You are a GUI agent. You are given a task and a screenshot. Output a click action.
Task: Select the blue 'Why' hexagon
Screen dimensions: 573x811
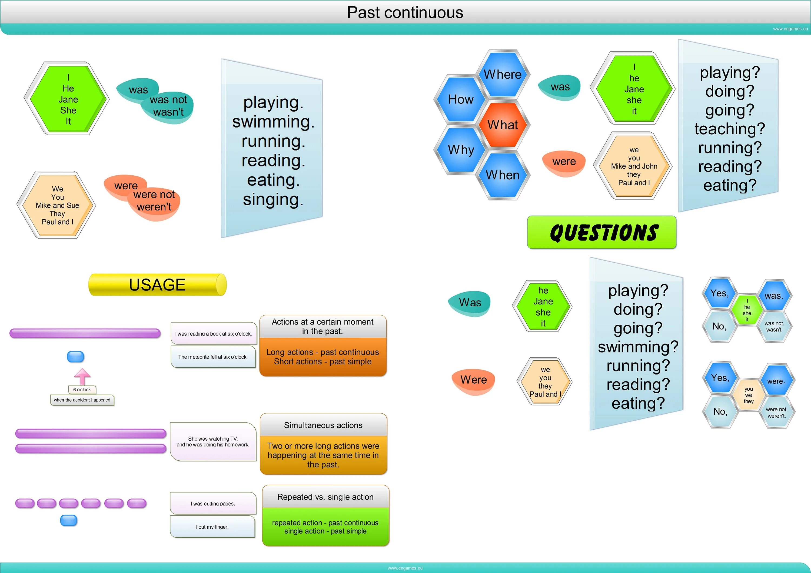point(461,150)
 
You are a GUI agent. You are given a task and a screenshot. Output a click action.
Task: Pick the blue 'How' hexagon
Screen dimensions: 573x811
point(461,99)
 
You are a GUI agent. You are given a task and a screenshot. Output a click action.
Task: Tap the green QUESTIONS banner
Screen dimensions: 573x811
point(601,232)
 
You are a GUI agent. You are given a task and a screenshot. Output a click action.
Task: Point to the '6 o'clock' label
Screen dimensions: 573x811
point(82,389)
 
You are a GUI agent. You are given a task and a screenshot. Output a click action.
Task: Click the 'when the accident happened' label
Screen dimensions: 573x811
point(82,400)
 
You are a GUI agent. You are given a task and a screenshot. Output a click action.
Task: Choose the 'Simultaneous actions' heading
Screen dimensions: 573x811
point(323,425)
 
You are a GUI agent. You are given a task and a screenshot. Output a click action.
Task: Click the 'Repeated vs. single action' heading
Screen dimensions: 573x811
point(325,497)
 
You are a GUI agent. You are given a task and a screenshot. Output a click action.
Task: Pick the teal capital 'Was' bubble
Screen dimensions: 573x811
point(470,303)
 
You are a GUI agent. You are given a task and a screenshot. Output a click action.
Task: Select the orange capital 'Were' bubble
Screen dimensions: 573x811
point(473,380)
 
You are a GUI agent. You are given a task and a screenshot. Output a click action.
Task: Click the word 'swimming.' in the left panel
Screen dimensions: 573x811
point(273,122)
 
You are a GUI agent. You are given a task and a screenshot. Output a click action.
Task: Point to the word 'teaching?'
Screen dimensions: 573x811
point(729,129)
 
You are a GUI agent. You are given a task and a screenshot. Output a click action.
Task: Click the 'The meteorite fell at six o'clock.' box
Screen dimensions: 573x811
point(213,357)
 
